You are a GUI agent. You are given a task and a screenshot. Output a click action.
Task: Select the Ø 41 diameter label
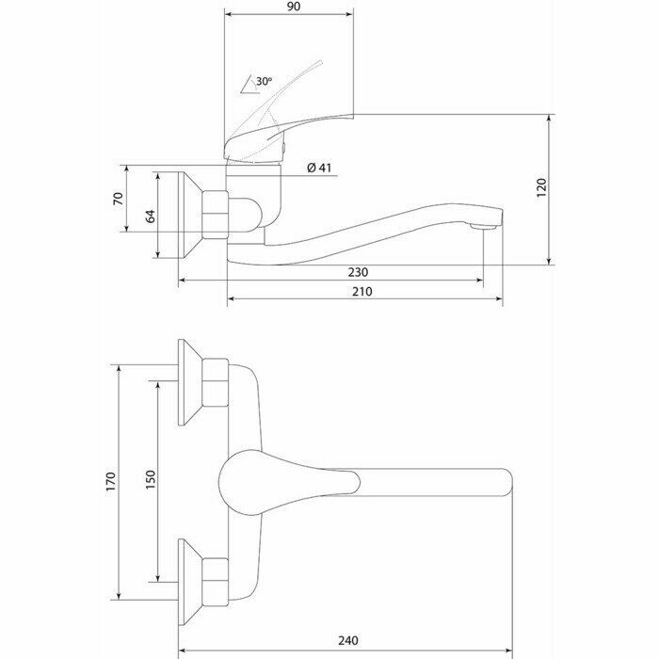[320, 169]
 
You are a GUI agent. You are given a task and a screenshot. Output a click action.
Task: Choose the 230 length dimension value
[358, 272]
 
